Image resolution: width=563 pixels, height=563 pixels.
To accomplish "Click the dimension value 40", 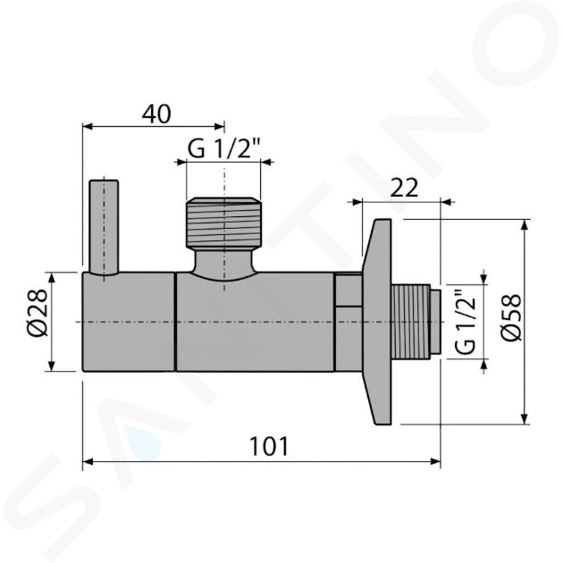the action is coord(156,114).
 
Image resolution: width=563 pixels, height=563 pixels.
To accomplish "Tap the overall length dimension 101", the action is coord(269,446).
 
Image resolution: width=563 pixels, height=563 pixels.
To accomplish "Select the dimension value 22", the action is coord(404,188).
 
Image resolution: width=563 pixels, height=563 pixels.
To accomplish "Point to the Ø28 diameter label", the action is coord(38,312).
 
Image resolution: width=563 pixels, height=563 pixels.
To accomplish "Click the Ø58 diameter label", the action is coord(511,317).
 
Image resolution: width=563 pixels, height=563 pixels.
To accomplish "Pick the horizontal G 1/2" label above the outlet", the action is coord(223,149).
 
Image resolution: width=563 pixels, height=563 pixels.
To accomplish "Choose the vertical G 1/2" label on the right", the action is coord(466,322).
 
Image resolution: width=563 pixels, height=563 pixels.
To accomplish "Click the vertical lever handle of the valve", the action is coord(104,228).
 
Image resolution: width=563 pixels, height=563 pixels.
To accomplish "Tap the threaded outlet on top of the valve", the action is coord(224,223).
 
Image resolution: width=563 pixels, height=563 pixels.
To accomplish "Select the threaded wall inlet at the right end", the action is coord(410,322).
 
